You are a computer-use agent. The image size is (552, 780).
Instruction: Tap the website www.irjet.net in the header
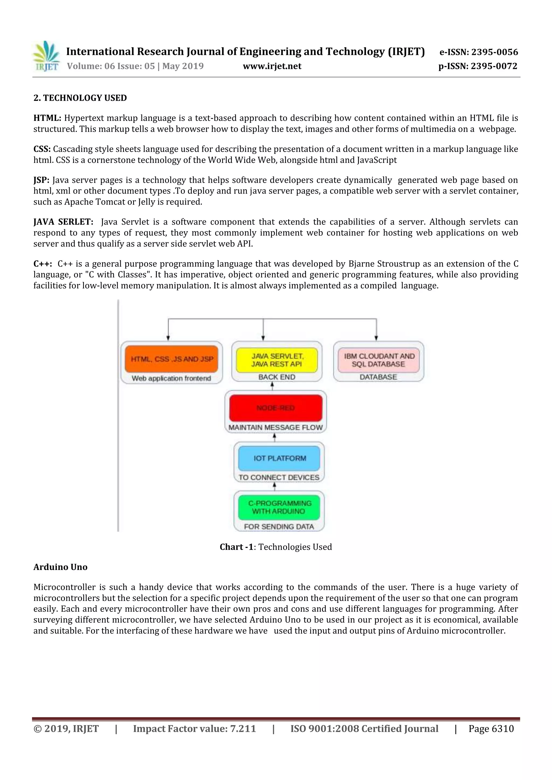coord(272,66)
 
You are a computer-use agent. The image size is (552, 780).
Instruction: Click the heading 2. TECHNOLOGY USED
coord(80,98)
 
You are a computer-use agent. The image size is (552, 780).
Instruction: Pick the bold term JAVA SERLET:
coord(63,222)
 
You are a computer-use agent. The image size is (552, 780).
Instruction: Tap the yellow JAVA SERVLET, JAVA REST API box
coord(277,360)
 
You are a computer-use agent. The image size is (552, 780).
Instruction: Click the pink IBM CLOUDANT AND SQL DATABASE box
coord(378,360)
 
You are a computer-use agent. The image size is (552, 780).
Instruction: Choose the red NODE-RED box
coord(275,408)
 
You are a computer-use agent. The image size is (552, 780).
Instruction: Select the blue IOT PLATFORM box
coord(279,458)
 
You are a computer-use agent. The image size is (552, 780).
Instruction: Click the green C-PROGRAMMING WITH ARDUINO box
coord(279,507)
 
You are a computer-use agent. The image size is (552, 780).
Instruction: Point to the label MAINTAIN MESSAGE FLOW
coord(275,427)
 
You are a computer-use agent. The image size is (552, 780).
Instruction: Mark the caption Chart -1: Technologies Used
coord(275,547)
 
